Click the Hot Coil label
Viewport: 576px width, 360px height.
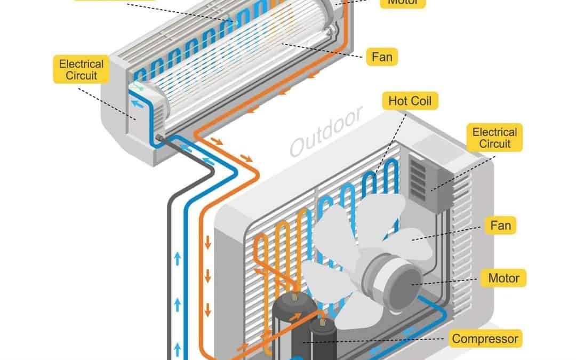coord(410,100)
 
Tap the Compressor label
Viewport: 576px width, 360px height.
coord(485,338)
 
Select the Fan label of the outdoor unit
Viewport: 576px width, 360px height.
coord(500,226)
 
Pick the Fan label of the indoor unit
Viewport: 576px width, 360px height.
coord(381,55)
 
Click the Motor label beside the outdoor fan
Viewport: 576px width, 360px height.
coord(503,278)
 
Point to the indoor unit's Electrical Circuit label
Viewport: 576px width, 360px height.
coord(82,70)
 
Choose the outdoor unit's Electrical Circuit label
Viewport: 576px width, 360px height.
coord(495,137)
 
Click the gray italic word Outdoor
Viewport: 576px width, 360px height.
coord(326,131)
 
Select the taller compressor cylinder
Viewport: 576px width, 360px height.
coord(289,325)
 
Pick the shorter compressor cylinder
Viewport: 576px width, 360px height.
coord(322,341)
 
